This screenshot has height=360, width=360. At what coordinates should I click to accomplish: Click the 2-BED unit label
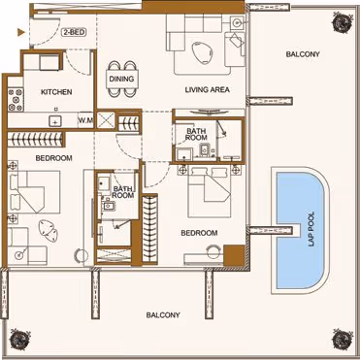point(74,33)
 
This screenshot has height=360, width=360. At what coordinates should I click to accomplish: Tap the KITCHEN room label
point(56,92)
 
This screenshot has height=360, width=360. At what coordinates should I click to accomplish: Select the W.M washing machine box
point(85,120)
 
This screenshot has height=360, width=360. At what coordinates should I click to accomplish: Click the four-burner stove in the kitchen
point(16,100)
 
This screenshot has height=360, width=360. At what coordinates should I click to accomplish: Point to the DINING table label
point(121,79)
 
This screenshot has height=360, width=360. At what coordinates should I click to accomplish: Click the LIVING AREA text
point(208,89)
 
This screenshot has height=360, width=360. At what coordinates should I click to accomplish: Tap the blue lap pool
point(300,230)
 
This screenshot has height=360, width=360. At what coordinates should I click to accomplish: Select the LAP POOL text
point(311,230)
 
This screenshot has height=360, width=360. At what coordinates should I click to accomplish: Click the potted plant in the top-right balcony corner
point(342,22)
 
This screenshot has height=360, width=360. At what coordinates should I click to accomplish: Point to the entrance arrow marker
point(21,32)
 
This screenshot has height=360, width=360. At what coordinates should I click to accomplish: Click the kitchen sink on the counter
point(55,121)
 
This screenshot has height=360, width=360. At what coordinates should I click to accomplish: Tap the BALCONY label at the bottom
point(163,315)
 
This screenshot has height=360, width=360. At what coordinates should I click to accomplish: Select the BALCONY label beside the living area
point(303,54)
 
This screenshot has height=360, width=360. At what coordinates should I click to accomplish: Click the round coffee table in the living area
point(201,53)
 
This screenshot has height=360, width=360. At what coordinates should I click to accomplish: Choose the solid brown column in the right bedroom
point(234,255)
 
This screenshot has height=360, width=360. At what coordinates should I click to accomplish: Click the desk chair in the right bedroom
point(213,250)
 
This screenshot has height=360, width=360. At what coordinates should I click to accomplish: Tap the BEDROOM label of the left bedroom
point(53,158)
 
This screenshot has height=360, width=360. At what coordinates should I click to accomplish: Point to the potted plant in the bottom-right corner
point(342,340)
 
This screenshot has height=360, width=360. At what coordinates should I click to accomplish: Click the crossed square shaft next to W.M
point(106,120)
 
